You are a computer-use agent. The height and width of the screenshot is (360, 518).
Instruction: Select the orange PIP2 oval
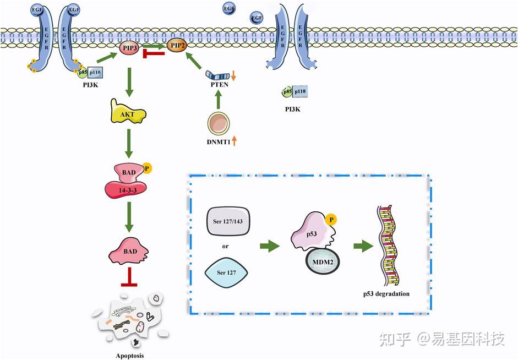click(177, 46)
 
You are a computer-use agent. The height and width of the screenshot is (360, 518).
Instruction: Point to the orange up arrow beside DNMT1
click(234, 141)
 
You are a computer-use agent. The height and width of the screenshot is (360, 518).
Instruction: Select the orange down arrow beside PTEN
click(233, 75)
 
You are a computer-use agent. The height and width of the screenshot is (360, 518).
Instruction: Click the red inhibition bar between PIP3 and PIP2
click(154, 53)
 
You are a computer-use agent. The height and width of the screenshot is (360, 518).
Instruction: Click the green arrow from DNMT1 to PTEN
click(217, 99)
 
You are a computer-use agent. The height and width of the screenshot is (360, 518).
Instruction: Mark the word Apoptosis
click(130, 355)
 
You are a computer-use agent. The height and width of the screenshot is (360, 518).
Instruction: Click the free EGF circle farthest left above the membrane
click(228, 8)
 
